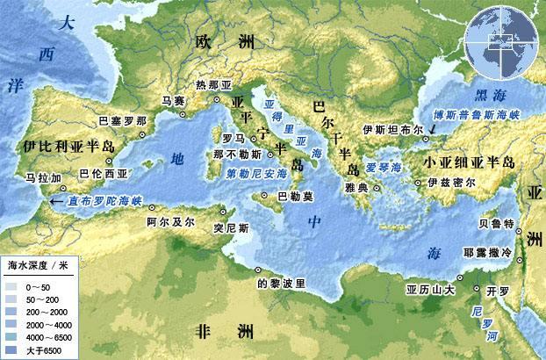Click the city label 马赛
point(173,101)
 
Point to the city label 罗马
point(233,139)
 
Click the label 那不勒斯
point(233,155)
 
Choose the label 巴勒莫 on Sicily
point(292,197)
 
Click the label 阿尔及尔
point(170,222)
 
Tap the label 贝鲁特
point(497,223)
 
